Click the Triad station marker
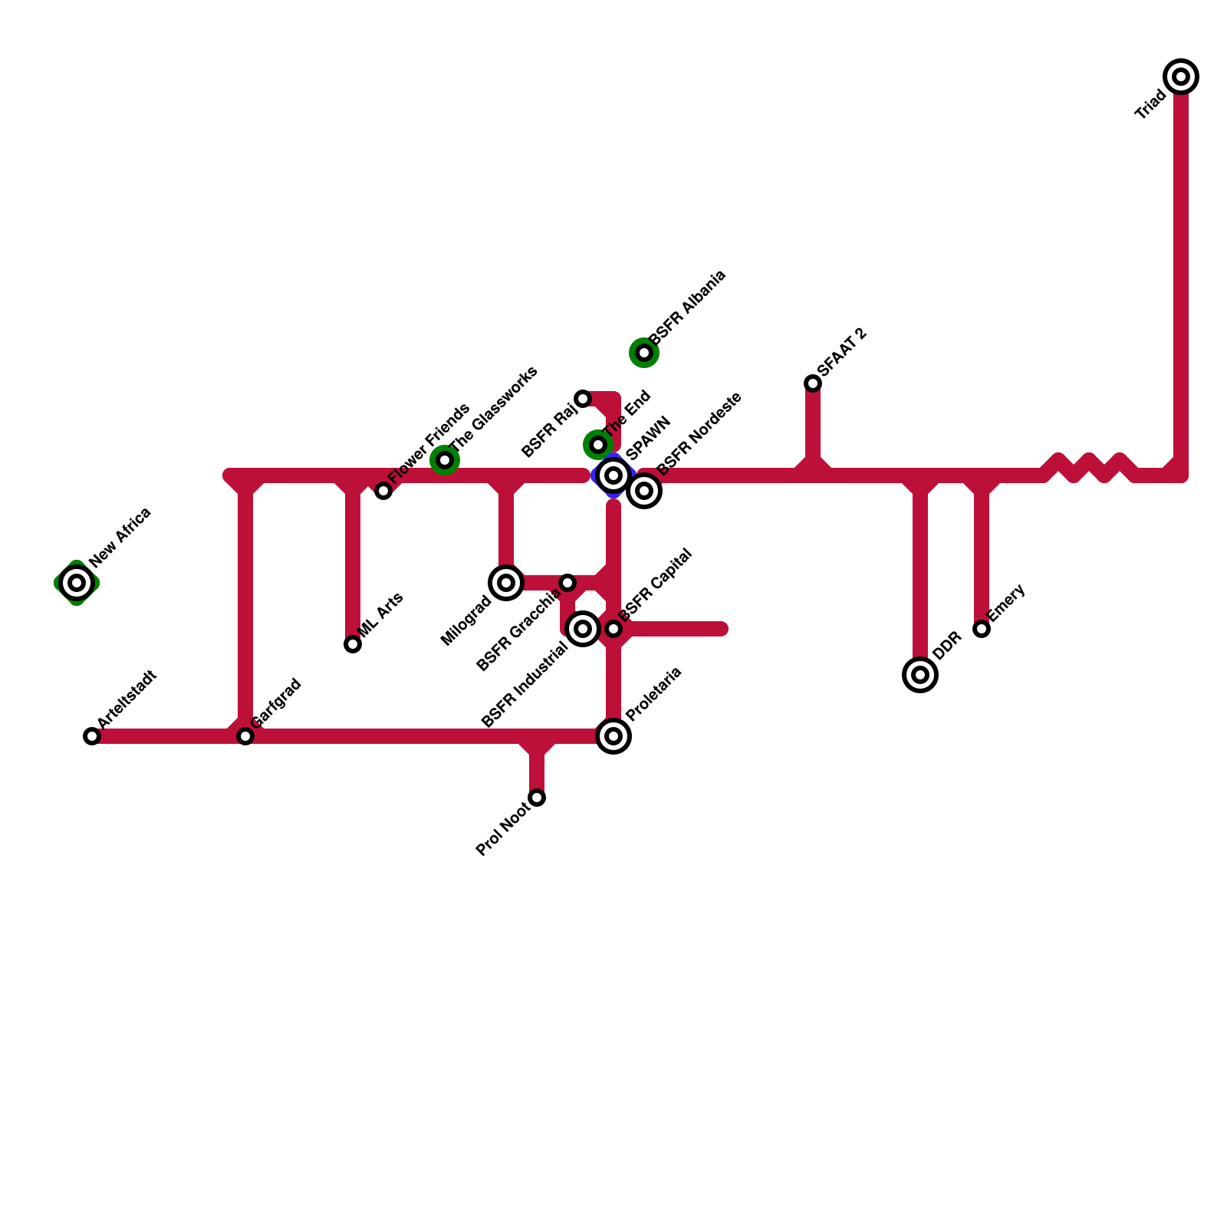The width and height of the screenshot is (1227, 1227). click(x=1181, y=77)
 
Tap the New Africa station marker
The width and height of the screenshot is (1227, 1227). click(x=77, y=583)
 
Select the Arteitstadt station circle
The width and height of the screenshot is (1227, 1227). click(x=92, y=736)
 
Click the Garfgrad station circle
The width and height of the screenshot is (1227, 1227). click(x=245, y=736)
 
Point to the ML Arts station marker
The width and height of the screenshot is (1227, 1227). click(x=353, y=644)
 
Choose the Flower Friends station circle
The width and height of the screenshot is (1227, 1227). click(x=383, y=491)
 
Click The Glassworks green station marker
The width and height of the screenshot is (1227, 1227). click(x=445, y=460)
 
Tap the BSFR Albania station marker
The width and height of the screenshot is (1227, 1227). click(x=644, y=353)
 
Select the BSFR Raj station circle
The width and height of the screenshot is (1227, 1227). click(x=583, y=399)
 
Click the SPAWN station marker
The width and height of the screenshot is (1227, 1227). click(x=613, y=475)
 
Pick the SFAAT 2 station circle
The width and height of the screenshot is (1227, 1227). click(x=813, y=383)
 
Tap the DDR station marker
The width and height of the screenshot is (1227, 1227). click(x=920, y=675)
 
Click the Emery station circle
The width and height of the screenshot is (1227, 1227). click(x=982, y=629)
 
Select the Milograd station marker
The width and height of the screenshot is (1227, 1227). click(x=506, y=583)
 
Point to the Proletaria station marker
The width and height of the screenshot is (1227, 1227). click(x=613, y=736)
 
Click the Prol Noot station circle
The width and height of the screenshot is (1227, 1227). click(x=537, y=798)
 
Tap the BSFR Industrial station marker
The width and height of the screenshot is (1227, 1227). click(x=583, y=629)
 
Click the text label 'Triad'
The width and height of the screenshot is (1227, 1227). click(x=1150, y=105)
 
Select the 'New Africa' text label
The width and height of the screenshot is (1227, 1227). click(x=120, y=537)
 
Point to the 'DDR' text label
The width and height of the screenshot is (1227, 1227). click(x=948, y=646)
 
